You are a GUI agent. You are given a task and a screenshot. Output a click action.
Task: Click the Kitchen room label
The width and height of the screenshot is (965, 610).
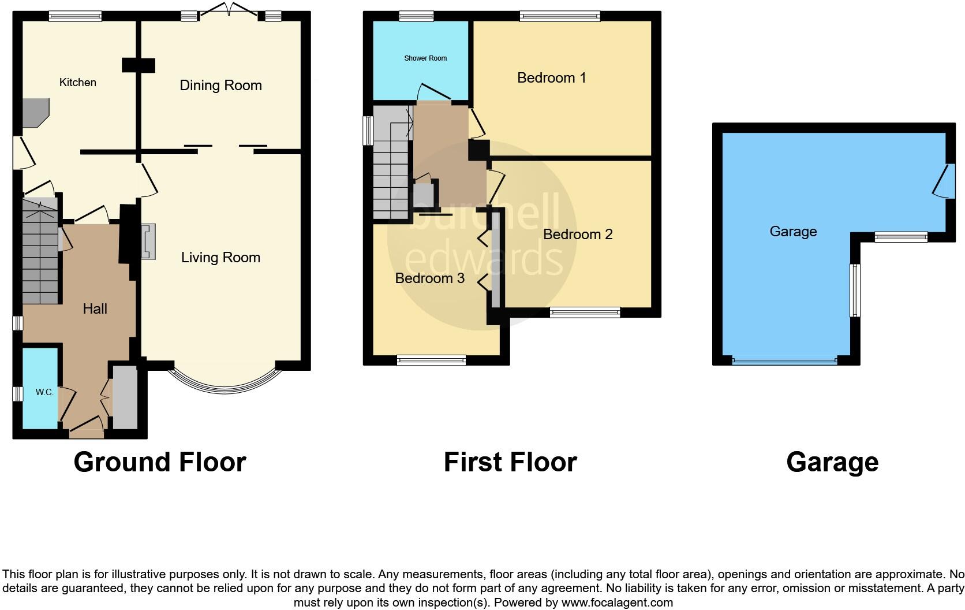coord(77,83)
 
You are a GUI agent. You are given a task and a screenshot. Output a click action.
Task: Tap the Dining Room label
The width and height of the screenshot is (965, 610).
coord(220,85)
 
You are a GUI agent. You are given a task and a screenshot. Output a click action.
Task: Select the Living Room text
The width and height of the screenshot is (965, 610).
coord(220,258)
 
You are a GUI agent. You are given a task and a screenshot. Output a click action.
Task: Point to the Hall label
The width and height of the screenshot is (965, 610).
coord(95,309)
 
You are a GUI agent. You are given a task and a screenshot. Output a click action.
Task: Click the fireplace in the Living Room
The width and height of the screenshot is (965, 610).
coord(148,241)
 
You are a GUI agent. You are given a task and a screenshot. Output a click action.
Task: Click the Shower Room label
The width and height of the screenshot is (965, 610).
coord(425,58)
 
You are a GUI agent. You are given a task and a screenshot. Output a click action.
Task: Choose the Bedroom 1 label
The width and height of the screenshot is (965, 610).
coord(551,78)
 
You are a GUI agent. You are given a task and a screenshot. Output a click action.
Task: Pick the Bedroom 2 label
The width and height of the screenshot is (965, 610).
coord(577,235)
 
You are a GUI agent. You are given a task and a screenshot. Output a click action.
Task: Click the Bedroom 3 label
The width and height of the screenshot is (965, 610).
coord(429,278)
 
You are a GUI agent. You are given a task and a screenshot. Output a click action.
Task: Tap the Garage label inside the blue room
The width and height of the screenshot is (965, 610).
coord(793,232)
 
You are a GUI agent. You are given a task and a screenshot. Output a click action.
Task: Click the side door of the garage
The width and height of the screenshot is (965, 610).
coord(944,181)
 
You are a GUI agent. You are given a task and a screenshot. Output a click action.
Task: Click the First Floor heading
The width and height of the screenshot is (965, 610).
coord(510,462)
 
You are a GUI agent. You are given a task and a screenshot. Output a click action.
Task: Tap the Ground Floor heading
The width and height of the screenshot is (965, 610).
coord(160,462)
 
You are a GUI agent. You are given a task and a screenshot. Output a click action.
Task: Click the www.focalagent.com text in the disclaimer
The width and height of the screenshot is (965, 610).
coord(617,602)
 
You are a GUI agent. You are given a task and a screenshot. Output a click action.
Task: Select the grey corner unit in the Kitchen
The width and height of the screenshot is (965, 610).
coord(35,111)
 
